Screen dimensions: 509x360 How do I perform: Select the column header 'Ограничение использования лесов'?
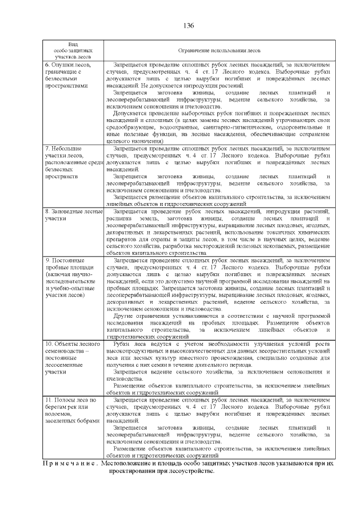click(219, 50)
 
